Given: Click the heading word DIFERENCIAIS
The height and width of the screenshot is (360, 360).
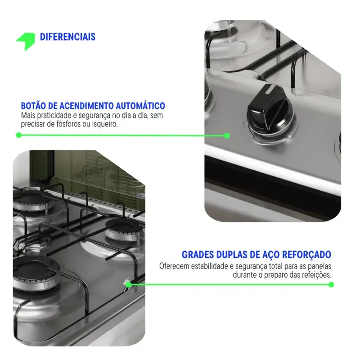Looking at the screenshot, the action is point(68,37).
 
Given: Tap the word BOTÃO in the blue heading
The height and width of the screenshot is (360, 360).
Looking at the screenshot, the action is point(33,106).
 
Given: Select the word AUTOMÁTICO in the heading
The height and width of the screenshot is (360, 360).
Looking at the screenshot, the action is point(140,106).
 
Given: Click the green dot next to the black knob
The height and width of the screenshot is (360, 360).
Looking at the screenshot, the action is point(227,136).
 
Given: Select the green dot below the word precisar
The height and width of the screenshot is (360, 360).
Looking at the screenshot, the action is point(19,135).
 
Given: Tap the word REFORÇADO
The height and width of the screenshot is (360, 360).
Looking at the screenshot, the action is point(306,255).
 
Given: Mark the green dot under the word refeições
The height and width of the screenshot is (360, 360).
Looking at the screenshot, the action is point(331,285).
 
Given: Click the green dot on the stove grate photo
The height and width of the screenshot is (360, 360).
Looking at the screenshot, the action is point(128,285).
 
